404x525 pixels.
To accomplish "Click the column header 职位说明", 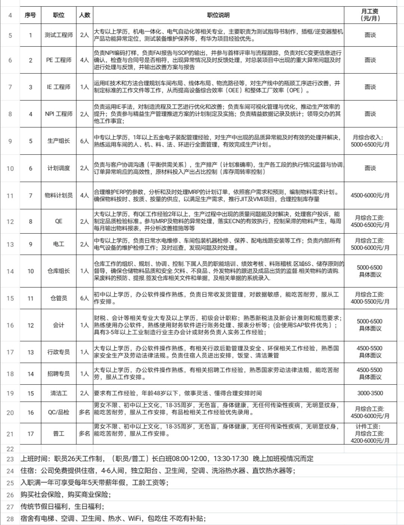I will [218, 15].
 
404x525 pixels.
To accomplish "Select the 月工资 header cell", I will [370, 15].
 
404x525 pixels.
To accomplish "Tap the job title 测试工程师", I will [59, 35].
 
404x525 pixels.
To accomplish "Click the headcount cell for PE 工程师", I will [85, 60].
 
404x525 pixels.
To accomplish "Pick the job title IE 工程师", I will [59, 87].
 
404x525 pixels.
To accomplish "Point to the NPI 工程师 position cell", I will [59, 114].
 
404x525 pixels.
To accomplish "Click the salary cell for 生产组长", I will [370, 141].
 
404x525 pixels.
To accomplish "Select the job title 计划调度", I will [59, 168].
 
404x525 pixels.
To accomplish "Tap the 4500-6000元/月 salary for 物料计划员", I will [370, 195].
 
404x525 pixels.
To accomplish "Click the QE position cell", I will [59, 221].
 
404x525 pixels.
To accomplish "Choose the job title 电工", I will [59, 244].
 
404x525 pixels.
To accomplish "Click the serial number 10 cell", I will [31, 271].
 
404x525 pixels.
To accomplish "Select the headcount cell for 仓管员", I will [85, 298].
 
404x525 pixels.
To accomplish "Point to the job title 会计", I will [59, 325].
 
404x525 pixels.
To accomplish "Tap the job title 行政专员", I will [59, 352].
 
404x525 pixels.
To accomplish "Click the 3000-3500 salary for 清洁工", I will [370, 393].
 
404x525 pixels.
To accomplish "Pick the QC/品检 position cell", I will [59, 412].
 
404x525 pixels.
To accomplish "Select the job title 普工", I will [59, 434].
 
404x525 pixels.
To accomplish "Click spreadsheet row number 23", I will [10, 459].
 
